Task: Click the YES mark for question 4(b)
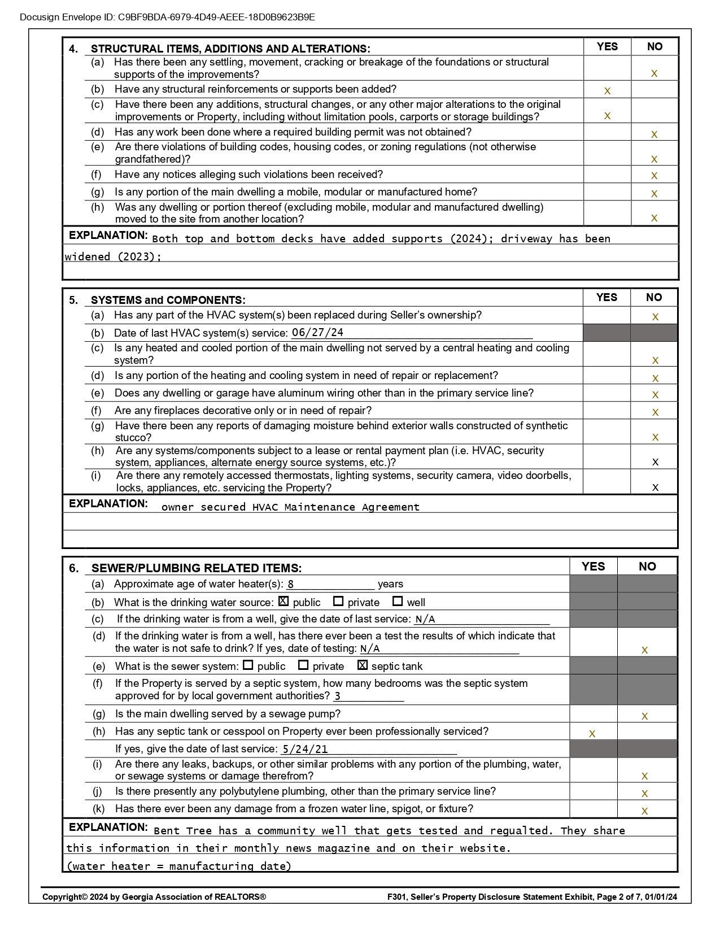click(x=607, y=90)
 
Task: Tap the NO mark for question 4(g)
click(x=654, y=193)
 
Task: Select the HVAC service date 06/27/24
click(x=317, y=333)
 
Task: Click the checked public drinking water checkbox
click(x=283, y=602)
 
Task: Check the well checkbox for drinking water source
click(x=398, y=602)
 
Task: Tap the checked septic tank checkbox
click(x=363, y=665)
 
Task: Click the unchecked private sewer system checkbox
click(x=303, y=665)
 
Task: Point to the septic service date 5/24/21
click(x=305, y=750)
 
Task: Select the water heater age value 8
click(x=290, y=585)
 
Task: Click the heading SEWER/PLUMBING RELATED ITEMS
click(x=196, y=568)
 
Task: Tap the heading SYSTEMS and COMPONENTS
click(x=168, y=300)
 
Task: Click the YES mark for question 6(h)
click(x=592, y=734)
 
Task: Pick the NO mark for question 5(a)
click(x=655, y=317)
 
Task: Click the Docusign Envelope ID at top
click(x=167, y=17)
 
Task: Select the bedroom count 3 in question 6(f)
click(x=337, y=696)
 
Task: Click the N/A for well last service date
click(x=425, y=620)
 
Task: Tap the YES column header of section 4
click(x=607, y=46)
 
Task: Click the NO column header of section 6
click(x=647, y=567)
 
